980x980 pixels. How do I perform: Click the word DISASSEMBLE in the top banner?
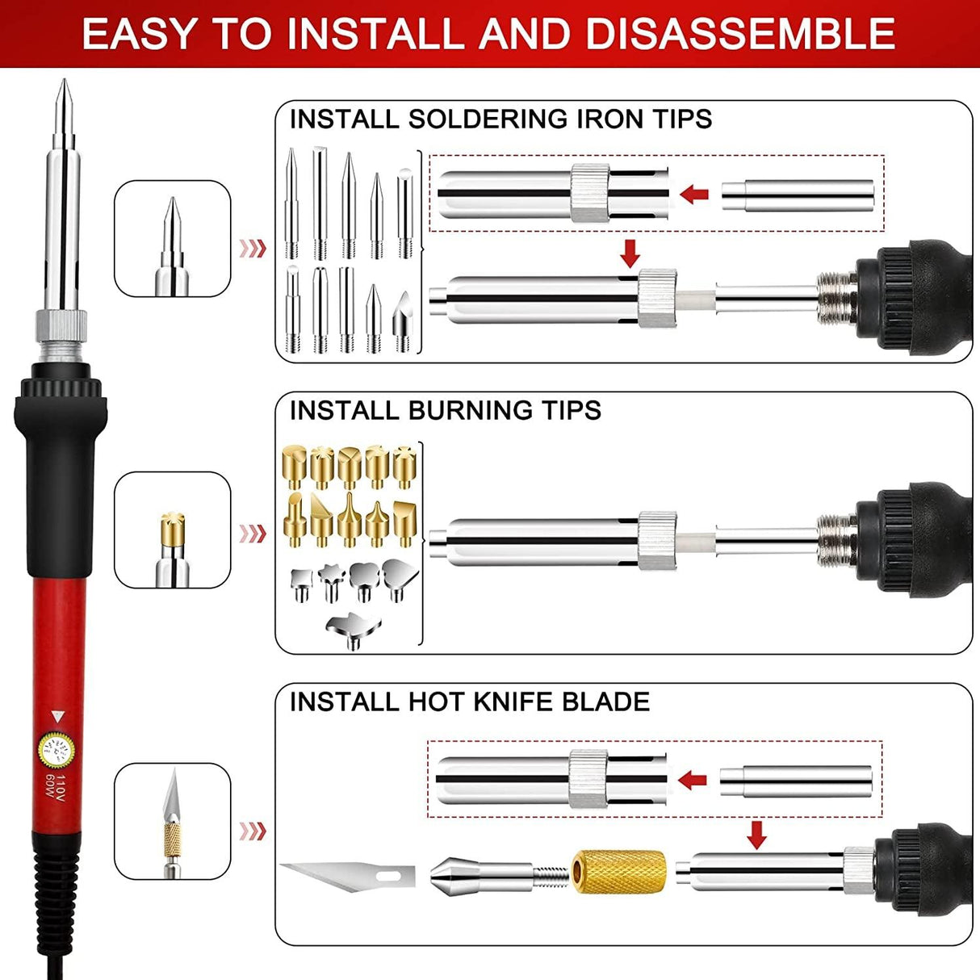pos(739,34)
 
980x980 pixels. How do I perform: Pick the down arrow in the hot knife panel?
pos(756,835)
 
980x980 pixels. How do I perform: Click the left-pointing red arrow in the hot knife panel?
pos(693,780)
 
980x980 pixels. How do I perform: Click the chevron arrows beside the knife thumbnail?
pos(253,831)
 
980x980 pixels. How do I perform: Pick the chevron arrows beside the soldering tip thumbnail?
pos(253,248)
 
